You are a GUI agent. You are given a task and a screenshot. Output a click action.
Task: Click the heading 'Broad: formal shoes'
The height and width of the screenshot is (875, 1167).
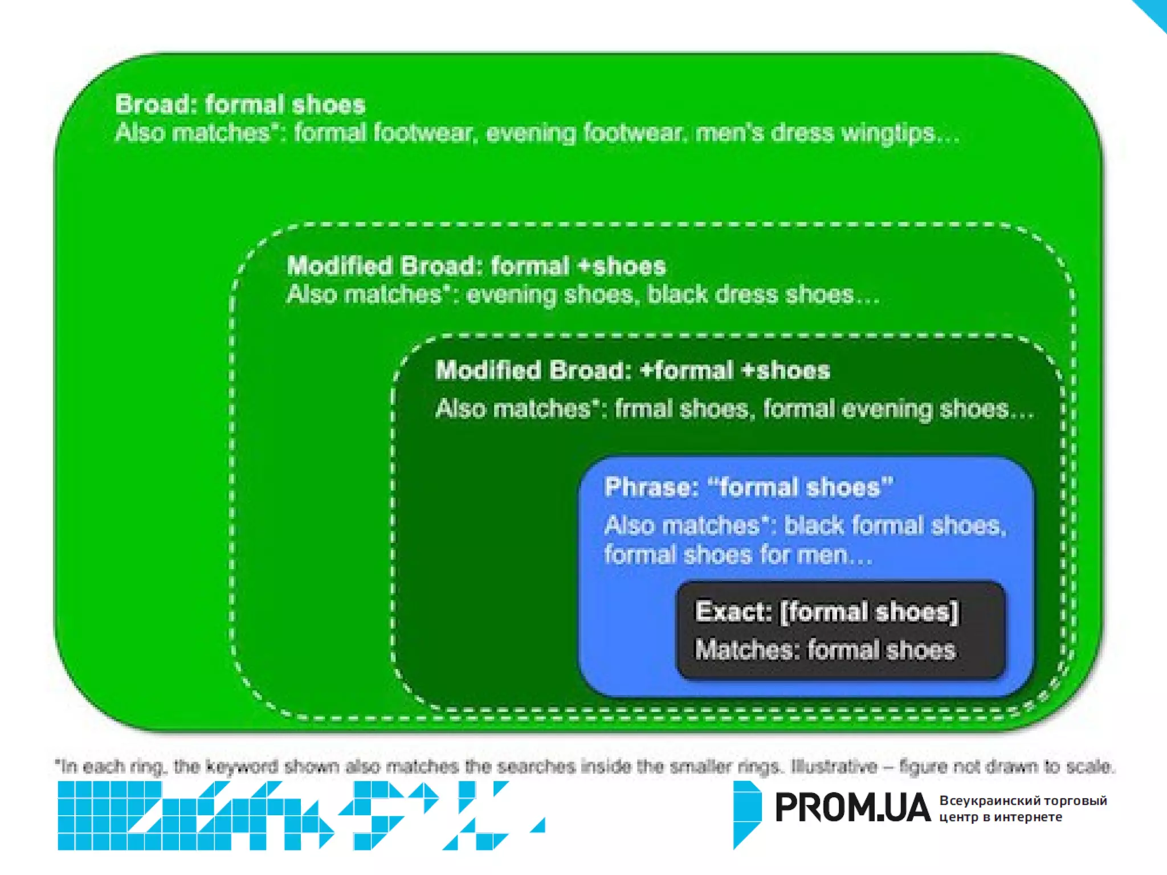(x=240, y=105)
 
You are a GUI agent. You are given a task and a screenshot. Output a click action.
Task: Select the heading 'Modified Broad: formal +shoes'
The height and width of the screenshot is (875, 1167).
(x=476, y=266)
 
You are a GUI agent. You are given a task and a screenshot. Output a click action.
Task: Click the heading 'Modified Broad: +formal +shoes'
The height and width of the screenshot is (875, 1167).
(x=633, y=371)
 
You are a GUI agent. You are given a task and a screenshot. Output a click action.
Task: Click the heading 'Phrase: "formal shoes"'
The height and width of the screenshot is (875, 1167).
(x=748, y=488)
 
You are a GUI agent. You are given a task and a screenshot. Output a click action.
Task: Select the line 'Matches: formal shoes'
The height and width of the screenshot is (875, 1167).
(x=825, y=650)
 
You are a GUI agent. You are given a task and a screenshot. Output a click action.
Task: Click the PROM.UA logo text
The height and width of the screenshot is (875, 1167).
(x=852, y=808)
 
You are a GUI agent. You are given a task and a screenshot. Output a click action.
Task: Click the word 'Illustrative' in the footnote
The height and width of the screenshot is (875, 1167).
(x=834, y=767)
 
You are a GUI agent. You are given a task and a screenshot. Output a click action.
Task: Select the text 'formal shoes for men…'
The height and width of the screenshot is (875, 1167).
(x=738, y=555)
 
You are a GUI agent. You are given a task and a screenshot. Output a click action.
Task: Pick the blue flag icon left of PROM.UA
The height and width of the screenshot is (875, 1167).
(x=746, y=813)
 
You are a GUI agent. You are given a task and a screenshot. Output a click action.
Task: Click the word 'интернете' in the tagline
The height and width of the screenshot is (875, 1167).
(x=1029, y=817)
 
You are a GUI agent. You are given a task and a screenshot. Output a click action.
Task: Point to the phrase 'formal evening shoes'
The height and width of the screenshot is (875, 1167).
(x=886, y=409)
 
